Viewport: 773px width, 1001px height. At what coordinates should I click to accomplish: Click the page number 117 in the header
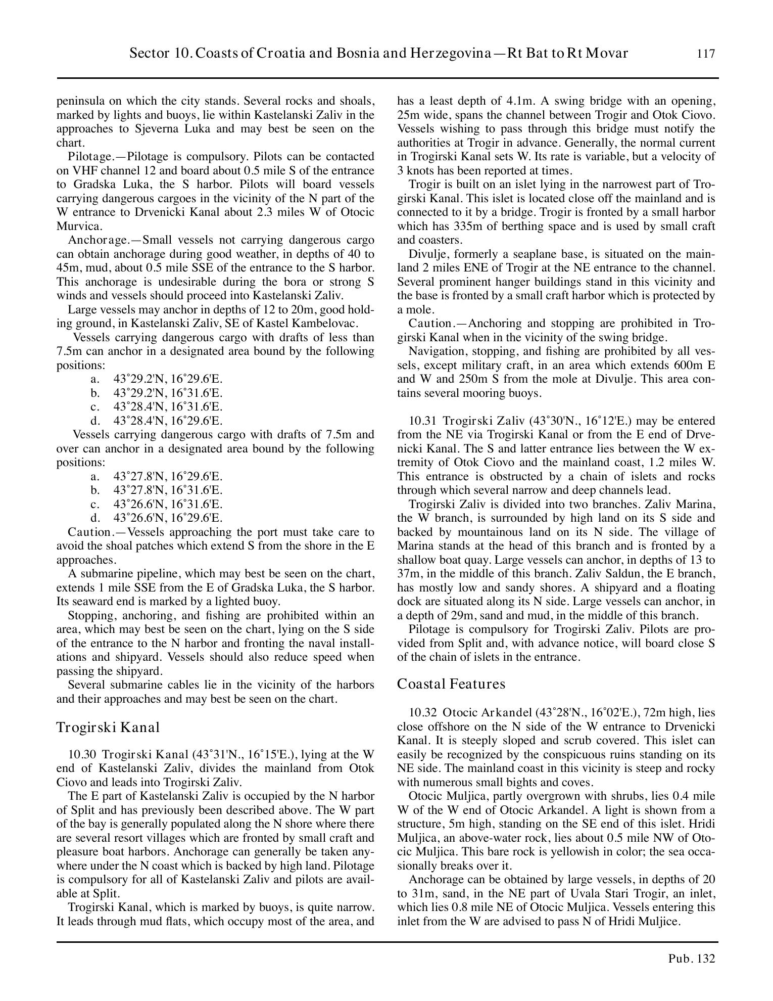[705, 54]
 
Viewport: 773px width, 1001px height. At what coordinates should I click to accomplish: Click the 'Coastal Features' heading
[451, 684]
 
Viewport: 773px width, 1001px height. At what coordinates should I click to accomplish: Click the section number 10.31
[422, 421]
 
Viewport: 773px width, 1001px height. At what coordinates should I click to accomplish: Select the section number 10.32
[422, 713]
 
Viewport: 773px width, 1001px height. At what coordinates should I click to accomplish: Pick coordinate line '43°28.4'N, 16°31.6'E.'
[168, 407]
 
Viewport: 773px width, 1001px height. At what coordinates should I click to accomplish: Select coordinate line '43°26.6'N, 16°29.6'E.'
[168, 518]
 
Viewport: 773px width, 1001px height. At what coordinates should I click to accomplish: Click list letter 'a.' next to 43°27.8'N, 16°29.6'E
[95, 477]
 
